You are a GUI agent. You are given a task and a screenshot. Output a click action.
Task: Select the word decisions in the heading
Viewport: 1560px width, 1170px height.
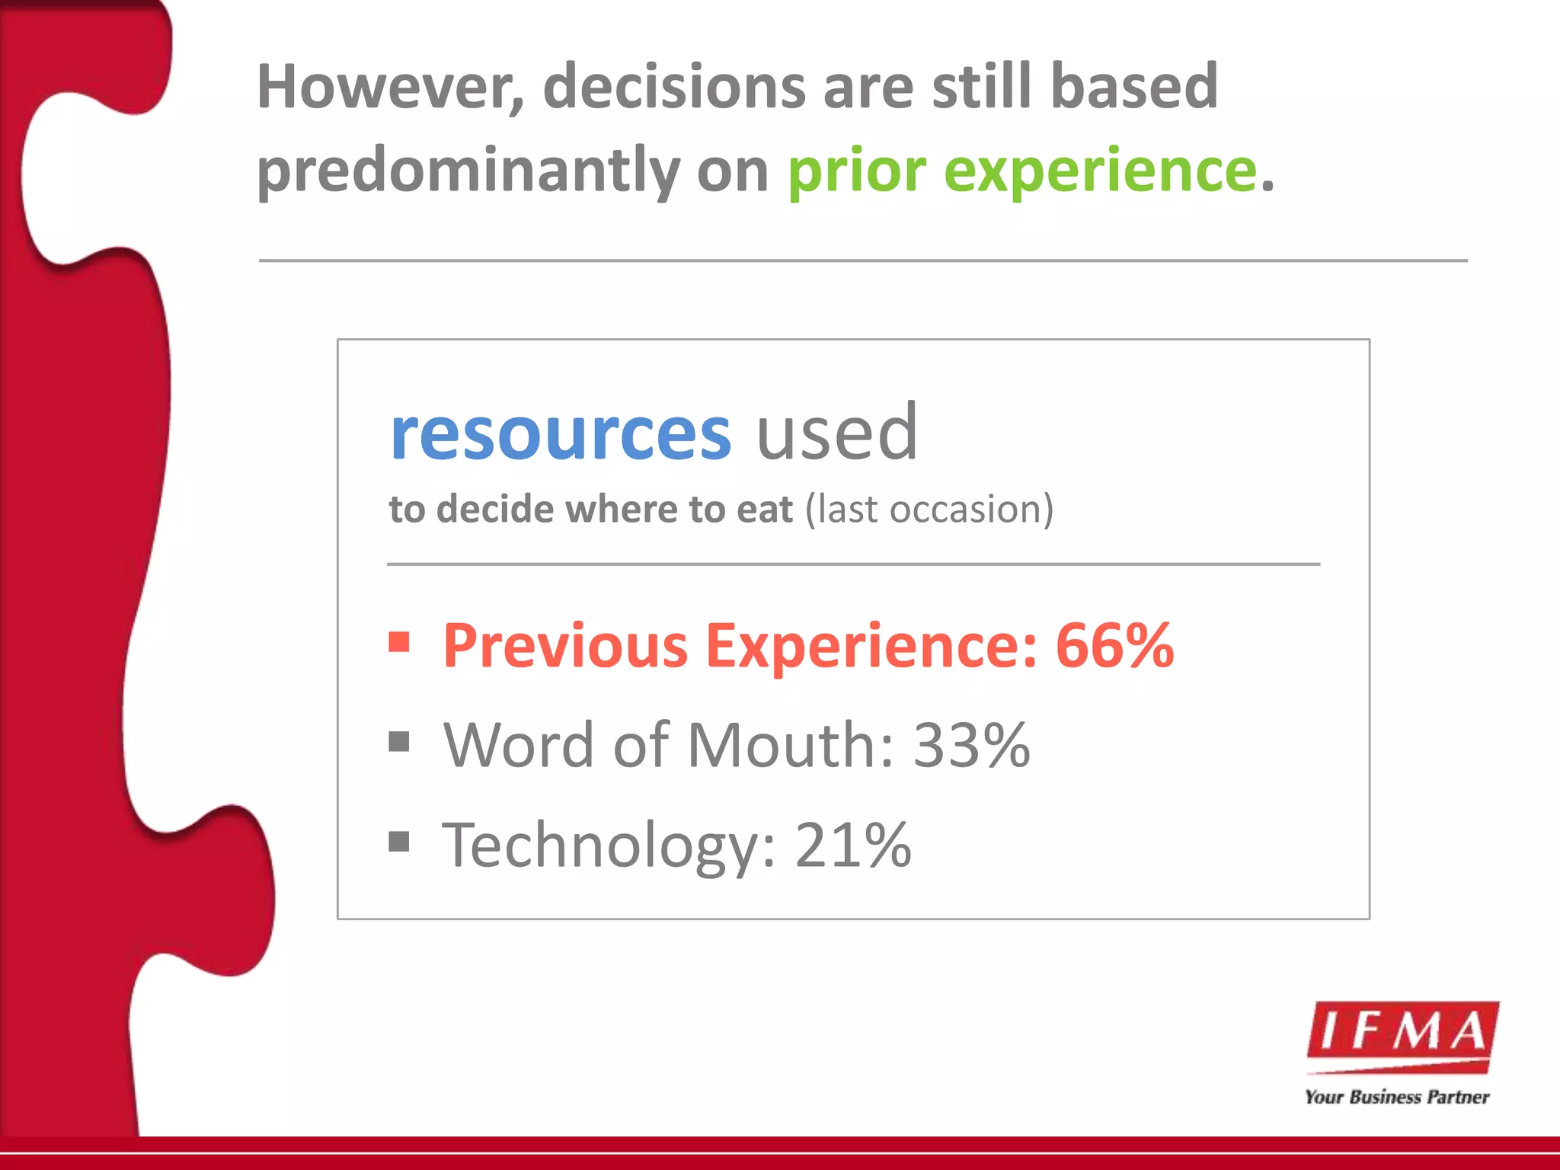pyautogui.click(x=674, y=88)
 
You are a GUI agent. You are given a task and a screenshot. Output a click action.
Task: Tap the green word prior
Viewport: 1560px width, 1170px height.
pyautogui.click(x=856, y=171)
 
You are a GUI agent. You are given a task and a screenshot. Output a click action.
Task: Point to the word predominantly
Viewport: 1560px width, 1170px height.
pyautogui.click(x=468, y=171)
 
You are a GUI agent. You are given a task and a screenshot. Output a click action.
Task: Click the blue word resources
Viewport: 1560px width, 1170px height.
pyautogui.click(x=561, y=434)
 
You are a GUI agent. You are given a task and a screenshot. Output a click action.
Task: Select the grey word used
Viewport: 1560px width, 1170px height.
pyautogui.click(x=836, y=434)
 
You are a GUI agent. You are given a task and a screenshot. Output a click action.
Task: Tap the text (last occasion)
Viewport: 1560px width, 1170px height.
pyautogui.click(x=929, y=509)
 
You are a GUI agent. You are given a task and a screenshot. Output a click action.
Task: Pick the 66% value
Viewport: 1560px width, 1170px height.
pyautogui.click(x=1114, y=646)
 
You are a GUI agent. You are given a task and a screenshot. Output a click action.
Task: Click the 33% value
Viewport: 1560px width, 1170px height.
pyautogui.click(x=971, y=745)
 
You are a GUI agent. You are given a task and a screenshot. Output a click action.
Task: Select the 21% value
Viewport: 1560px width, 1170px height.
pyautogui.click(x=853, y=845)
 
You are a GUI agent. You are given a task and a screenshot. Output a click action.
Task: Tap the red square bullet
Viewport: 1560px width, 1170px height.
pyautogui.click(x=399, y=642)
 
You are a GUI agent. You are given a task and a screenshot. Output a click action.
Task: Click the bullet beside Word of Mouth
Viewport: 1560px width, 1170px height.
pyautogui.click(x=399, y=741)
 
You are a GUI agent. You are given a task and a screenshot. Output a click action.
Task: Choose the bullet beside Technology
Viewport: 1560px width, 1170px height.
pyautogui.click(x=399, y=842)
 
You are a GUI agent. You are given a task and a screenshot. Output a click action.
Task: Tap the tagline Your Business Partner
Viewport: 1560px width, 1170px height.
pyautogui.click(x=1396, y=1097)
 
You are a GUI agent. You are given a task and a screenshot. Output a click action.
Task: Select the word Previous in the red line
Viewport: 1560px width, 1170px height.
pyautogui.click(x=565, y=646)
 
